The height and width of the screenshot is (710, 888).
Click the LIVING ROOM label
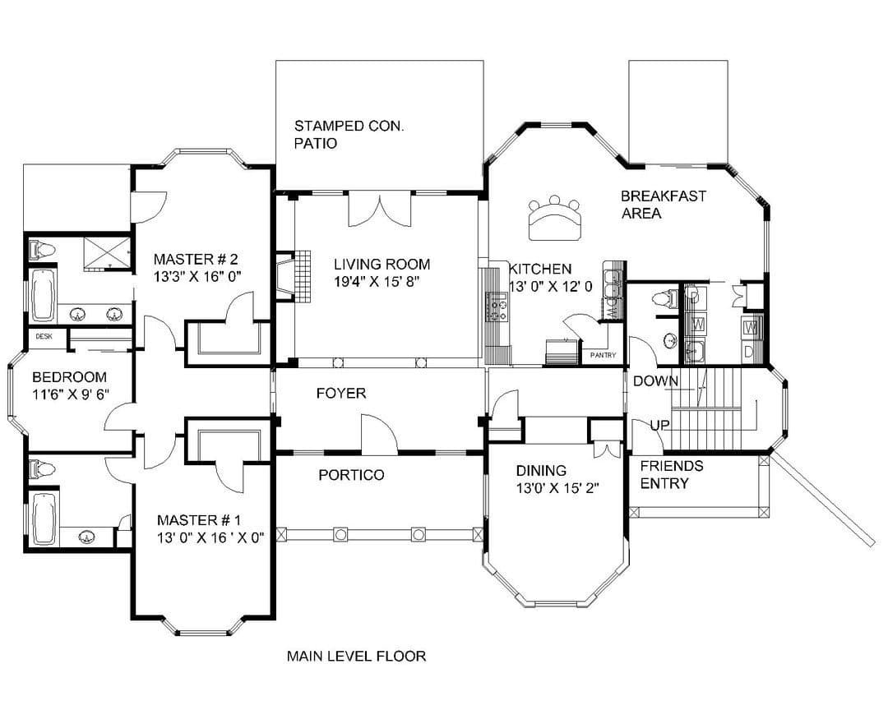(382, 264)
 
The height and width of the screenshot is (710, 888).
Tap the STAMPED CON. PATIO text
(349, 135)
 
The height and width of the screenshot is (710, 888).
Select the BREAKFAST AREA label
(664, 205)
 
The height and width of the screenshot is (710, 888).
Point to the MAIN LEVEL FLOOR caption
(356, 656)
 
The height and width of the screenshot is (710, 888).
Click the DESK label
(44, 336)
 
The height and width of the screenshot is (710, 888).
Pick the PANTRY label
(603, 355)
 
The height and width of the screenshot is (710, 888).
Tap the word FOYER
(341, 393)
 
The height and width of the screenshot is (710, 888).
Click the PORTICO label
(351, 474)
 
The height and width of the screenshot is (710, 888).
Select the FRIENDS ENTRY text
(672, 474)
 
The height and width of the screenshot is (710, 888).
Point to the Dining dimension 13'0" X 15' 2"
(557, 487)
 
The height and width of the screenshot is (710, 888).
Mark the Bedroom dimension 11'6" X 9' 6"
(71, 394)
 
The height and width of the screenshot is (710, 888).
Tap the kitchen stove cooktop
(499, 307)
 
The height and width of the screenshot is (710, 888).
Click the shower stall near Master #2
(106, 252)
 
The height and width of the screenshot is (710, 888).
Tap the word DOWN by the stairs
(655, 381)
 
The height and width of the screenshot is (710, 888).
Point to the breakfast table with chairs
(555, 218)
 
